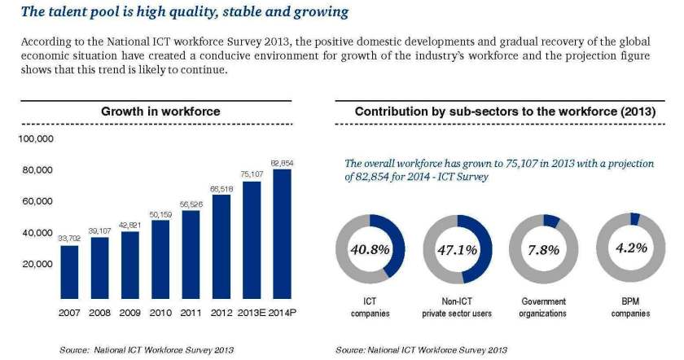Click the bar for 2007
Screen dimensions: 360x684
71,273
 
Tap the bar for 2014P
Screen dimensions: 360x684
281,235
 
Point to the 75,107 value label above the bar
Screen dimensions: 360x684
251,173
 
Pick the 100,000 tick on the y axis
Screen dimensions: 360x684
35,139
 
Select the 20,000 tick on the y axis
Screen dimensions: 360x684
37,265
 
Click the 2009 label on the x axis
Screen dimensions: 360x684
131,313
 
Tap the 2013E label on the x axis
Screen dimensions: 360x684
251,313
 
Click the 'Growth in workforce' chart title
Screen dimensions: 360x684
160,111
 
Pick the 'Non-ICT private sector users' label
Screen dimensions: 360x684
456,306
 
